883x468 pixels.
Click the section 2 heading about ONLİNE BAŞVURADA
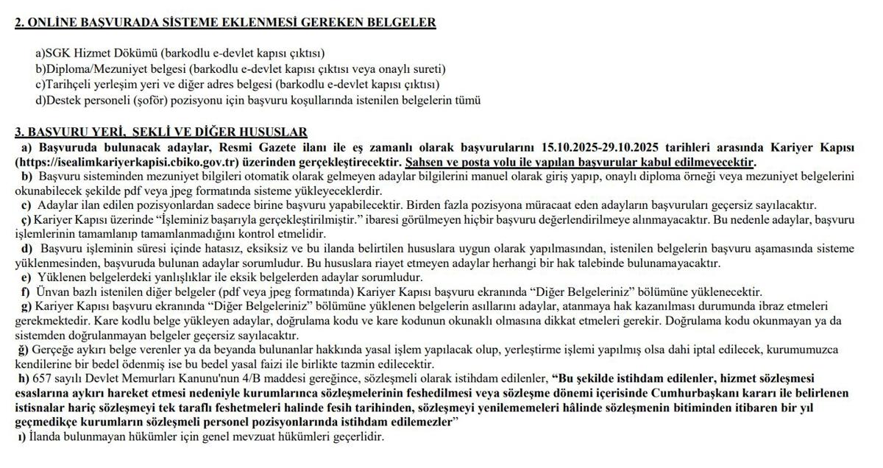[225, 22]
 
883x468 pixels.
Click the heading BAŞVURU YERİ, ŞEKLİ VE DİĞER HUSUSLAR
[161, 132]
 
